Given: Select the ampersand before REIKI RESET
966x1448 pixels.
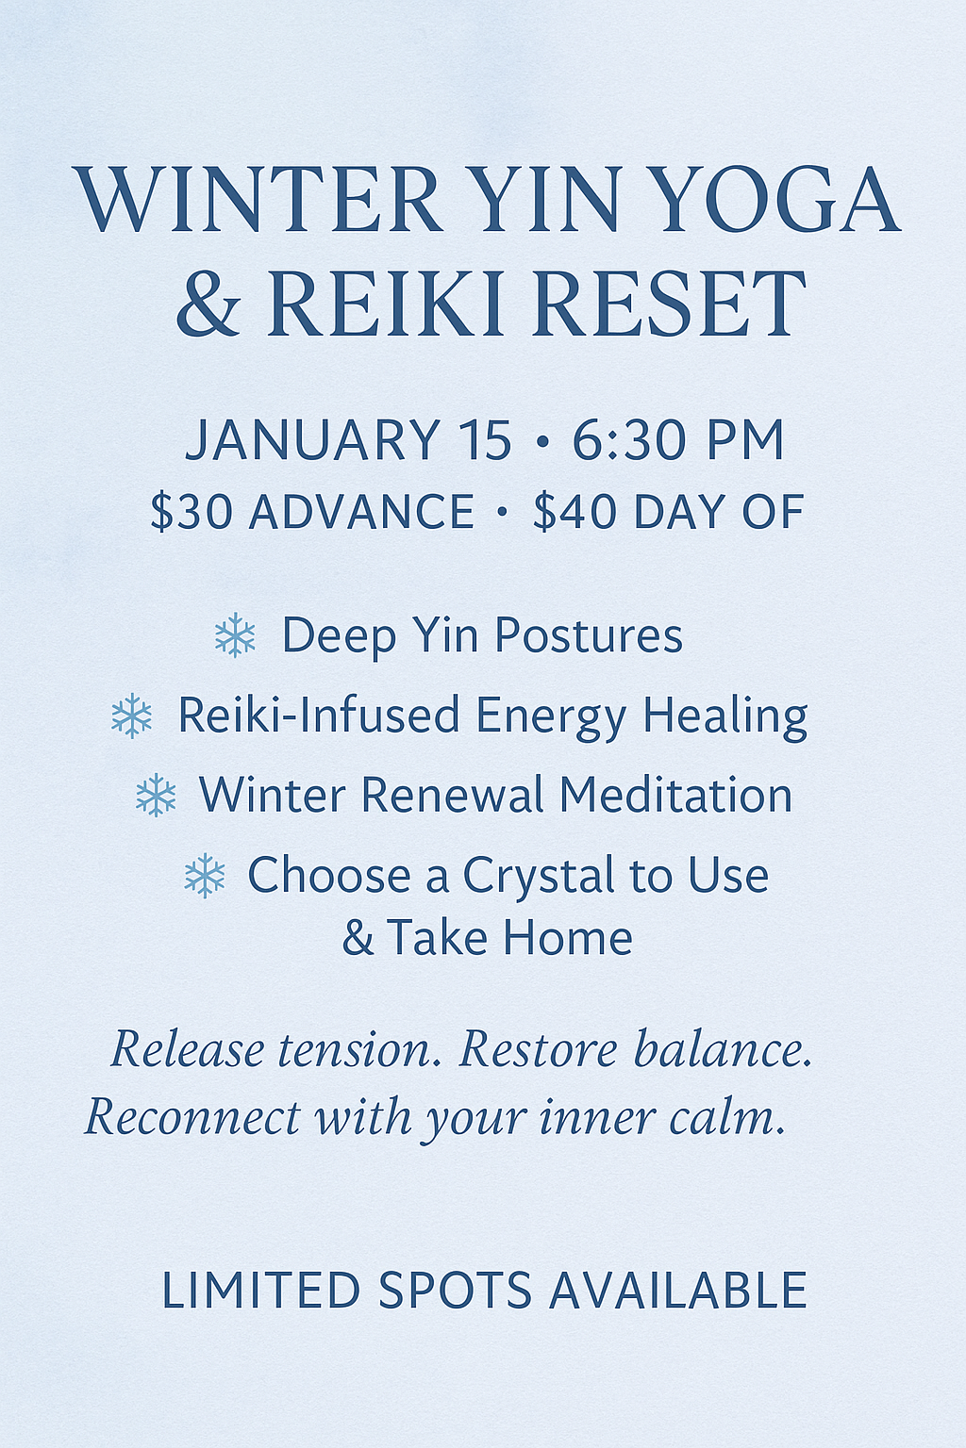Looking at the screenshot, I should pos(208,304).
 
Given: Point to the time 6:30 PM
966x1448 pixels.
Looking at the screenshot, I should pos(678,440).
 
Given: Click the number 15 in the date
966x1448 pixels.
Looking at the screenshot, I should pos(485,440).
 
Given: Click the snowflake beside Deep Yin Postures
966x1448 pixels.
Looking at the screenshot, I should pos(235,635).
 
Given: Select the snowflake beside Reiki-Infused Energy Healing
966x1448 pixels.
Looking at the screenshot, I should pos(131,716).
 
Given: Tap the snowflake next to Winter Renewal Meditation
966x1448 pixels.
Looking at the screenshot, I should pos(156,796).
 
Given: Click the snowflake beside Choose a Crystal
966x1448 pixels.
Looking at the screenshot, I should pos(205,876).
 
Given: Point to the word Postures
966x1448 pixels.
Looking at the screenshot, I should pos(589,635).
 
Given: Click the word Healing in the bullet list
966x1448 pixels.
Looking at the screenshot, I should pos(724,716).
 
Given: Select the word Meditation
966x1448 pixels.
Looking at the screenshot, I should pos(675,796).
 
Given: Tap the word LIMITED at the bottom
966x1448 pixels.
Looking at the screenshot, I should pos(261,1291).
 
